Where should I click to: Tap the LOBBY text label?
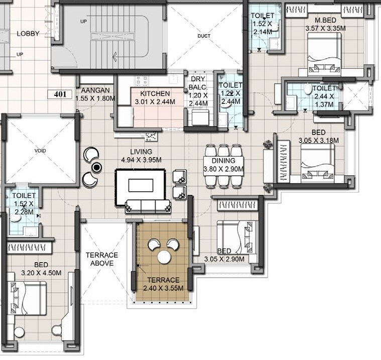[x=28, y=34]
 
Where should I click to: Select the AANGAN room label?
[x=92, y=94]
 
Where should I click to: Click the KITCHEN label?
[x=155, y=98]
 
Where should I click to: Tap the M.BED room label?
[x=325, y=24]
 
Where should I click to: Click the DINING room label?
[x=223, y=165]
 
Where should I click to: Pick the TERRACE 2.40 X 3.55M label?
[x=163, y=284]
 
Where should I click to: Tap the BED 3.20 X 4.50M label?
[x=41, y=269]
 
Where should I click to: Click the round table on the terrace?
[x=164, y=257]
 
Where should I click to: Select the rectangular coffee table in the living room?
[x=141, y=186]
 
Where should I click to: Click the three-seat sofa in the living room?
[x=148, y=206]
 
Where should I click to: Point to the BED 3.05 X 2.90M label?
[x=224, y=255]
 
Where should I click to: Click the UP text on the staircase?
[x=83, y=22]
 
